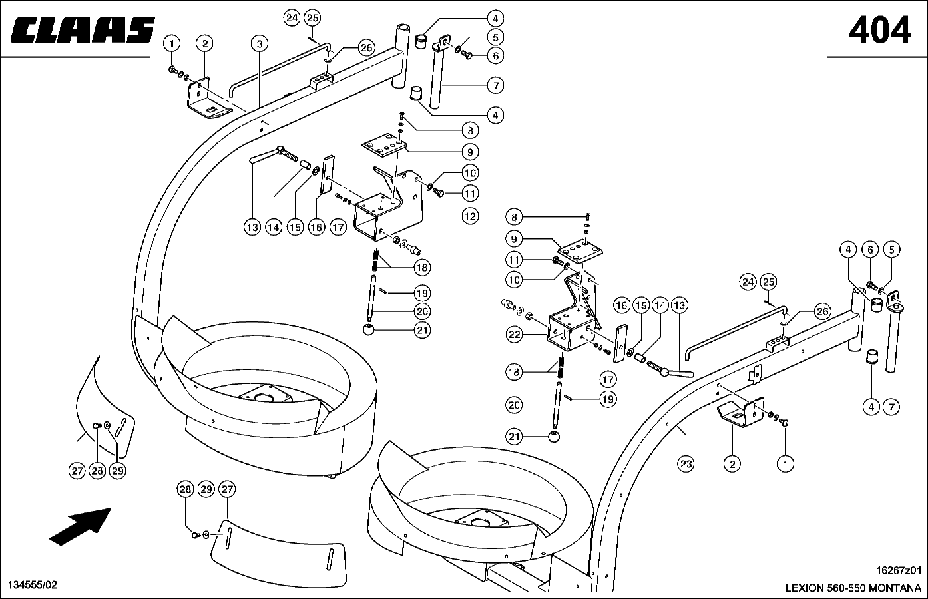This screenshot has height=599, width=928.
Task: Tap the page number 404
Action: coord(879,30)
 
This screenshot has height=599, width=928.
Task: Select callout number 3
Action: coord(260,43)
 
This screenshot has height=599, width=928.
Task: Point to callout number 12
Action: coord(470,216)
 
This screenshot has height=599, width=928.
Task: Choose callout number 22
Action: coord(514,334)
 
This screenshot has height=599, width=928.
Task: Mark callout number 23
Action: coord(686,463)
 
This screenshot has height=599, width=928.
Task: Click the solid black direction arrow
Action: coord(81,526)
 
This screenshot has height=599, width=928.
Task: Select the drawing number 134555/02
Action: coord(33,585)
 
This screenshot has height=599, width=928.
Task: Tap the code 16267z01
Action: coord(899,570)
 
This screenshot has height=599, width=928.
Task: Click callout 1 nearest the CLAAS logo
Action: coord(172,43)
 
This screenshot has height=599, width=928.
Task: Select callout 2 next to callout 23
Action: coord(732,463)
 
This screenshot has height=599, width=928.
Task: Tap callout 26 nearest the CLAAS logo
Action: coord(367,48)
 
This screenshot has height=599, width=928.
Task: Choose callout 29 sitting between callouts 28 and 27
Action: coord(206,489)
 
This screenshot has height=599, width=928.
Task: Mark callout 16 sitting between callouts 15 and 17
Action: coord(316,227)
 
